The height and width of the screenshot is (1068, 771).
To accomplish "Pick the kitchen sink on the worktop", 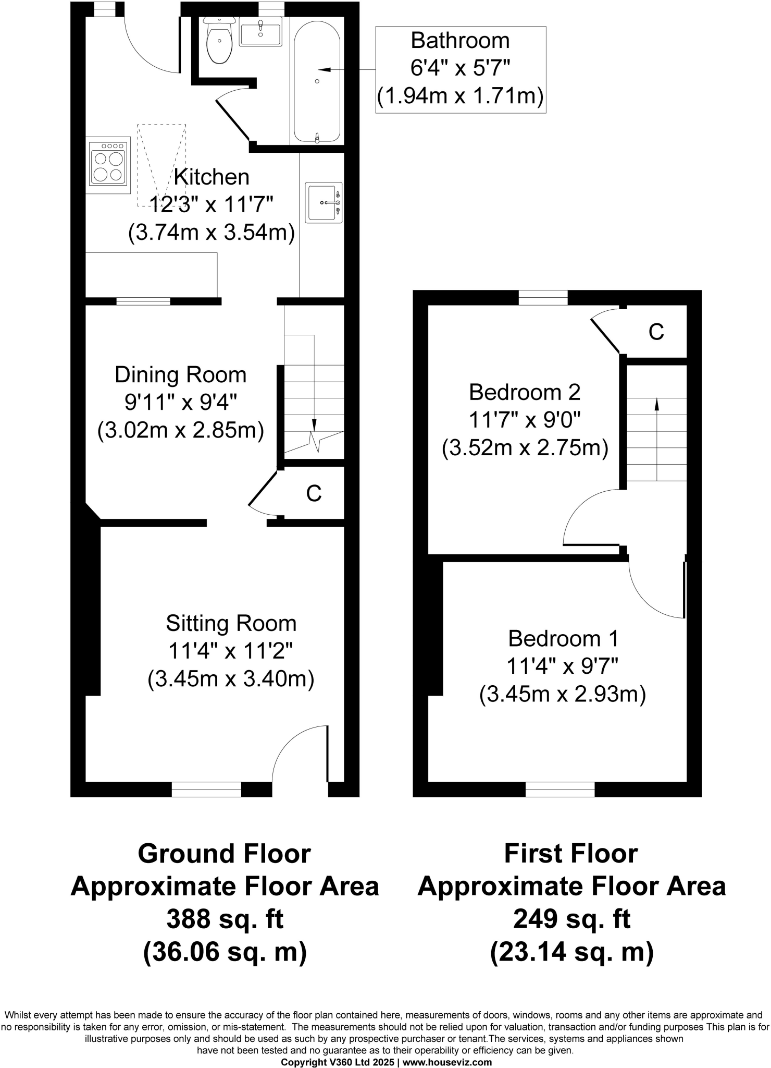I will [324, 202].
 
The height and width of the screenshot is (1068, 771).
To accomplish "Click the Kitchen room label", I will [212, 177].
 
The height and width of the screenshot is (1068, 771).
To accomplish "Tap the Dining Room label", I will [180, 375].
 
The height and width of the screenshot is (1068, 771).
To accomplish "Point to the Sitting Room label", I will [231, 623].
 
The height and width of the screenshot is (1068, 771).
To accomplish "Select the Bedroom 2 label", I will [525, 392].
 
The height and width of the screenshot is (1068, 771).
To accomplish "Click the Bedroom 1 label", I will [563, 639].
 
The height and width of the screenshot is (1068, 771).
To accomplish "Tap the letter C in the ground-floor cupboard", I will [314, 493].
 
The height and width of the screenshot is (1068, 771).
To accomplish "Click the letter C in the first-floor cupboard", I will [656, 332].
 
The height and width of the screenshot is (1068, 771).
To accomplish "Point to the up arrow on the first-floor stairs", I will [656, 404].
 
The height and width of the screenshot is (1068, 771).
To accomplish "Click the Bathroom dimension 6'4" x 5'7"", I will [460, 68].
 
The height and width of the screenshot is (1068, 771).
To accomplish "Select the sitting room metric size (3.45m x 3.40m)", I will [231, 679].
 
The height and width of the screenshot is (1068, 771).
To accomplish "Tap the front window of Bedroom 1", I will [560, 790].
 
